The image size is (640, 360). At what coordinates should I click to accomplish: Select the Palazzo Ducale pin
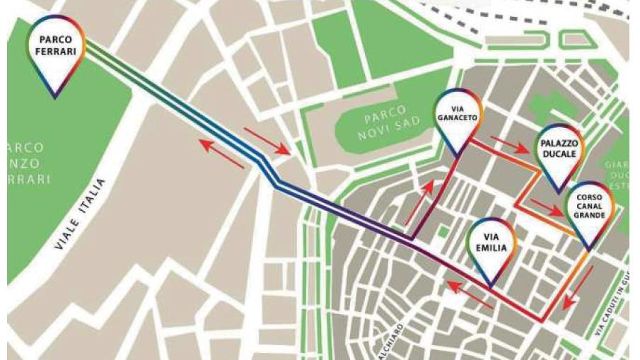(559, 149)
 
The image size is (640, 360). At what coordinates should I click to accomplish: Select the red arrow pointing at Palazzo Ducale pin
(509, 144)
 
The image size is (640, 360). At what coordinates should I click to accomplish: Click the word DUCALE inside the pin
(559, 154)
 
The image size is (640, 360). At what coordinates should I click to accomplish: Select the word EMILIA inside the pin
(492, 250)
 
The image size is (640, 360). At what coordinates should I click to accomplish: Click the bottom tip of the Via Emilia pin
(491, 287)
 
